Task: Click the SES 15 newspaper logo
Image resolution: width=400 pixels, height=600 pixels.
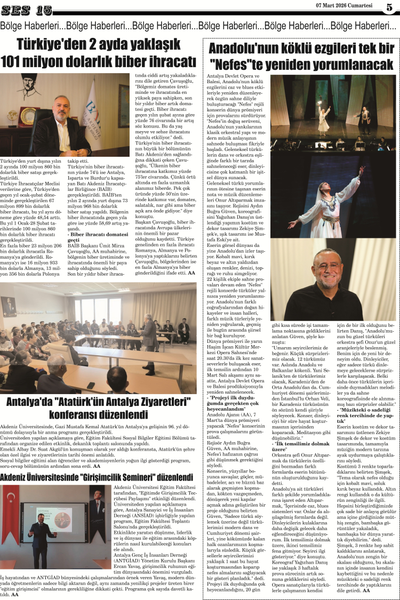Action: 27,10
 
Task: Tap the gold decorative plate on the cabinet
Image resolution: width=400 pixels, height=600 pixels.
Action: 28,116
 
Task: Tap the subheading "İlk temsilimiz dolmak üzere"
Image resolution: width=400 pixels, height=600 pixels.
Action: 299,460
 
